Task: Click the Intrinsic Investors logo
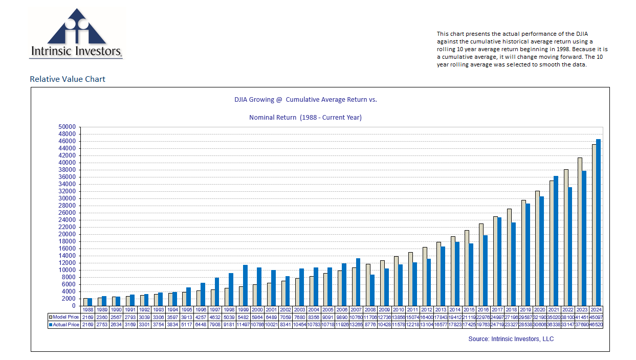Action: (77, 33)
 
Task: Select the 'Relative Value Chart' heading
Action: (68, 79)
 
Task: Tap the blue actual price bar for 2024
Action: (598, 222)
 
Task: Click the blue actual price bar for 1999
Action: (245, 285)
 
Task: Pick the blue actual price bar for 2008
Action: (372, 290)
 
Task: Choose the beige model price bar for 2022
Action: (565, 237)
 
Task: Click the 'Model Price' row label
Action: (65, 317)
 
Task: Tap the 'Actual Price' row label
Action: (65, 325)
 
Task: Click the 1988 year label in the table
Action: (87, 309)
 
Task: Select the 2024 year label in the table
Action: (596, 309)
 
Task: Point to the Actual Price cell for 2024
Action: (596, 325)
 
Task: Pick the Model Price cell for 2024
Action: (596, 317)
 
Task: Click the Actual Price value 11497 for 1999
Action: (243, 325)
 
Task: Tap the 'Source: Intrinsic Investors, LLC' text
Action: (511, 339)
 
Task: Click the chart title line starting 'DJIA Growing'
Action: (305, 99)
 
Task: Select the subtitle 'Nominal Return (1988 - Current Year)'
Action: (305, 118)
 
